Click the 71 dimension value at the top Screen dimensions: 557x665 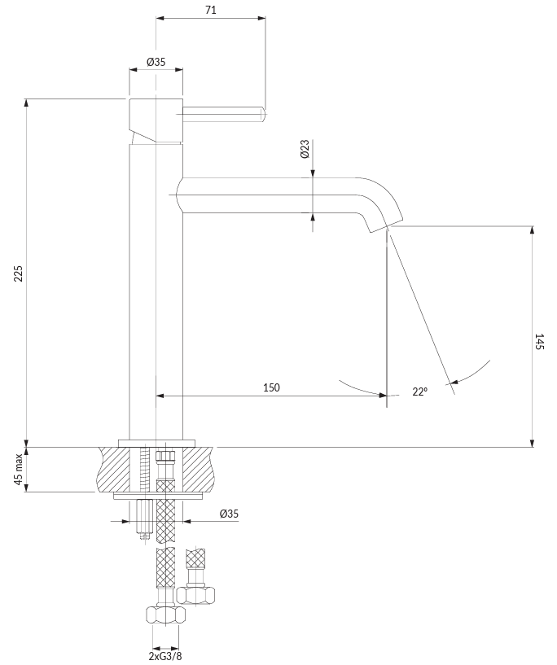(211, 10)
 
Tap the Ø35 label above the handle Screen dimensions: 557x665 (156, 62)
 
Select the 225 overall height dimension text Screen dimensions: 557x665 (18, 273)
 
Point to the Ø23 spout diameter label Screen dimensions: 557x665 (305, 149)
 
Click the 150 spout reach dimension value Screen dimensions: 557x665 (271, 387)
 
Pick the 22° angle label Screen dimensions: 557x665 (419, 392)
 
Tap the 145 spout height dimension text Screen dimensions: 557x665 (539, 341)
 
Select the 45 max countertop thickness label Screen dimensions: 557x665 (18, 469)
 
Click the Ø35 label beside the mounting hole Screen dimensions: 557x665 (229, 514)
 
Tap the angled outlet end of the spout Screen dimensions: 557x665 (386, 224)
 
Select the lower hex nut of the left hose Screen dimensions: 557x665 (165, 614)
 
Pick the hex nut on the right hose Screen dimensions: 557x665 (195, 595)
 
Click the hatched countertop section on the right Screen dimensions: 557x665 (197, 469)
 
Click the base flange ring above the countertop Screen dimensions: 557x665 (156, 443)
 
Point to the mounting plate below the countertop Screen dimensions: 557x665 (158, 497)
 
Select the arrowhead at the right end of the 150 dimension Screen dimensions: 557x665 (383, 396)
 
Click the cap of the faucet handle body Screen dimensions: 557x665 (156, 120)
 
